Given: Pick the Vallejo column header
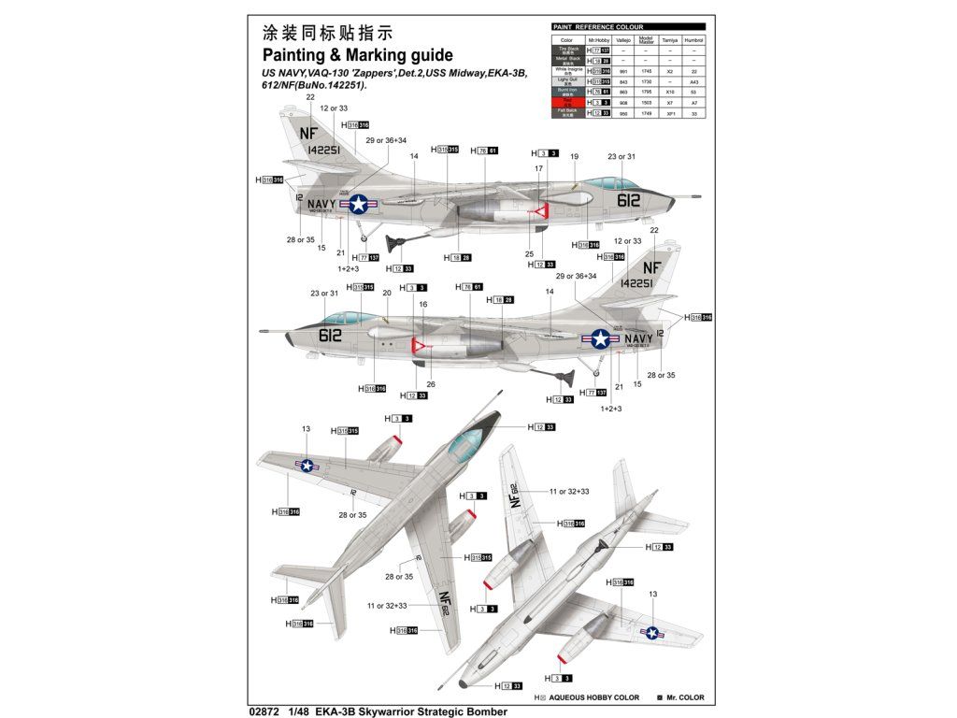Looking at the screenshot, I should [625, 40].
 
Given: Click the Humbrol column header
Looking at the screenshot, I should [693, 40].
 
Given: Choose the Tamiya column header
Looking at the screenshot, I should [670, 40].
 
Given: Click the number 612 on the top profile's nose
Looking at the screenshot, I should [628, 199].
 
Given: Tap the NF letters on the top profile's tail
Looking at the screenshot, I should [309, 133].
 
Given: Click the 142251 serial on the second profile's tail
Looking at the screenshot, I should [636, 283].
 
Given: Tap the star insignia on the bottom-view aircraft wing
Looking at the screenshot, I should [651, 633].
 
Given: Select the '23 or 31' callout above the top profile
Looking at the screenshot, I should [621, 157].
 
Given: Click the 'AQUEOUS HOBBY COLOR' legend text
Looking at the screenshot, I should [593, 697].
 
